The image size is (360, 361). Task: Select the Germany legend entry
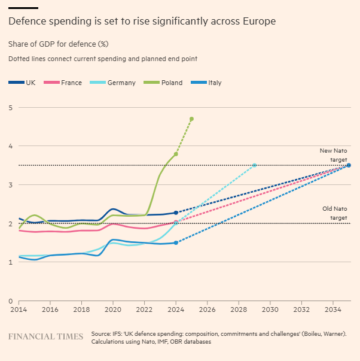[x=116, y=83]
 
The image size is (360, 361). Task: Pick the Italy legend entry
[x=210, y=83]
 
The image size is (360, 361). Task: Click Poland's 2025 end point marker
[x=191, y=119]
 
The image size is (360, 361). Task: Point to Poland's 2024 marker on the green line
[x=176, y=154]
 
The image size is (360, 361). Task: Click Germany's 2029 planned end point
[x=254, y=165]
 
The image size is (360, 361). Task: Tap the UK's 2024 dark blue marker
[x=176, y=213]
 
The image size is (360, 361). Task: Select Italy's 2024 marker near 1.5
[x=176, y=242]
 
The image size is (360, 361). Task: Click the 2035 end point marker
[x=349, y=165]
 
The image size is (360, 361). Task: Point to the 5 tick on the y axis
[x=10, y=108]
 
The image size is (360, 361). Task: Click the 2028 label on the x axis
[x=239, y=310]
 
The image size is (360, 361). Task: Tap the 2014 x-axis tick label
[x=19, y=310]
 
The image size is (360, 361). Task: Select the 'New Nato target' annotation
[x=334, y=156]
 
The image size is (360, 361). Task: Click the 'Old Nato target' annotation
[x=334, y=213]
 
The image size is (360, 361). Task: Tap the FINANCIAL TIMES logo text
[x=45, y=336]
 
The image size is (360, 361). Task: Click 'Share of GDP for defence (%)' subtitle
[x=58, y=44]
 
